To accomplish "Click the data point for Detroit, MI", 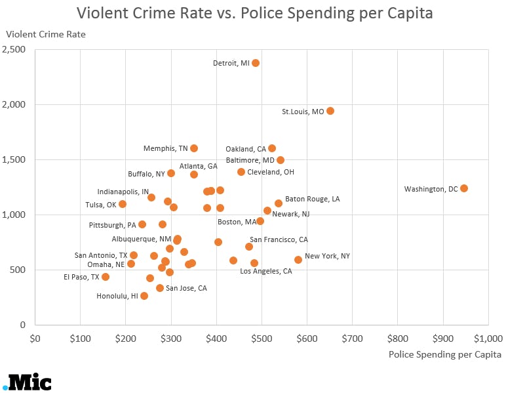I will click(x=256, y=63).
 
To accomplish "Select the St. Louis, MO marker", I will click(x=330, y=111).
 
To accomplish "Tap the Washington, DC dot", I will click(x=464, y=188).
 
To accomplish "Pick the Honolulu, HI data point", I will click(x=144, y=296).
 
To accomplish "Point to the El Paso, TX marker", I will click(x=106, y=277).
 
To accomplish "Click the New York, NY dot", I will click(x=298, y=260).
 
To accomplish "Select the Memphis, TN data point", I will click(x=194, y=148).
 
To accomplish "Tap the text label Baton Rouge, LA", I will click(x=312, y=199).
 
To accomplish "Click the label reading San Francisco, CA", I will click(x=279, y=239).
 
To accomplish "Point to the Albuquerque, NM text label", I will click(x=142, y=239).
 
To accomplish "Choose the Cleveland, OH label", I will click(x=271, y=172).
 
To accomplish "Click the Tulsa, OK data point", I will click(x=123, y=204).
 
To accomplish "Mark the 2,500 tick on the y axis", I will click(x=14, y=50).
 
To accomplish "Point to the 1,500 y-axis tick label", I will click(x=14, y=159).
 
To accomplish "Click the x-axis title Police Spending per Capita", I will click(x=444, y=355).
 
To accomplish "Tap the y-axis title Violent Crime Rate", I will click(x=46, y=33).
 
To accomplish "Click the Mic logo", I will click(x=27, y=382).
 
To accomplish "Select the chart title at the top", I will click(x=254, y=13).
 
